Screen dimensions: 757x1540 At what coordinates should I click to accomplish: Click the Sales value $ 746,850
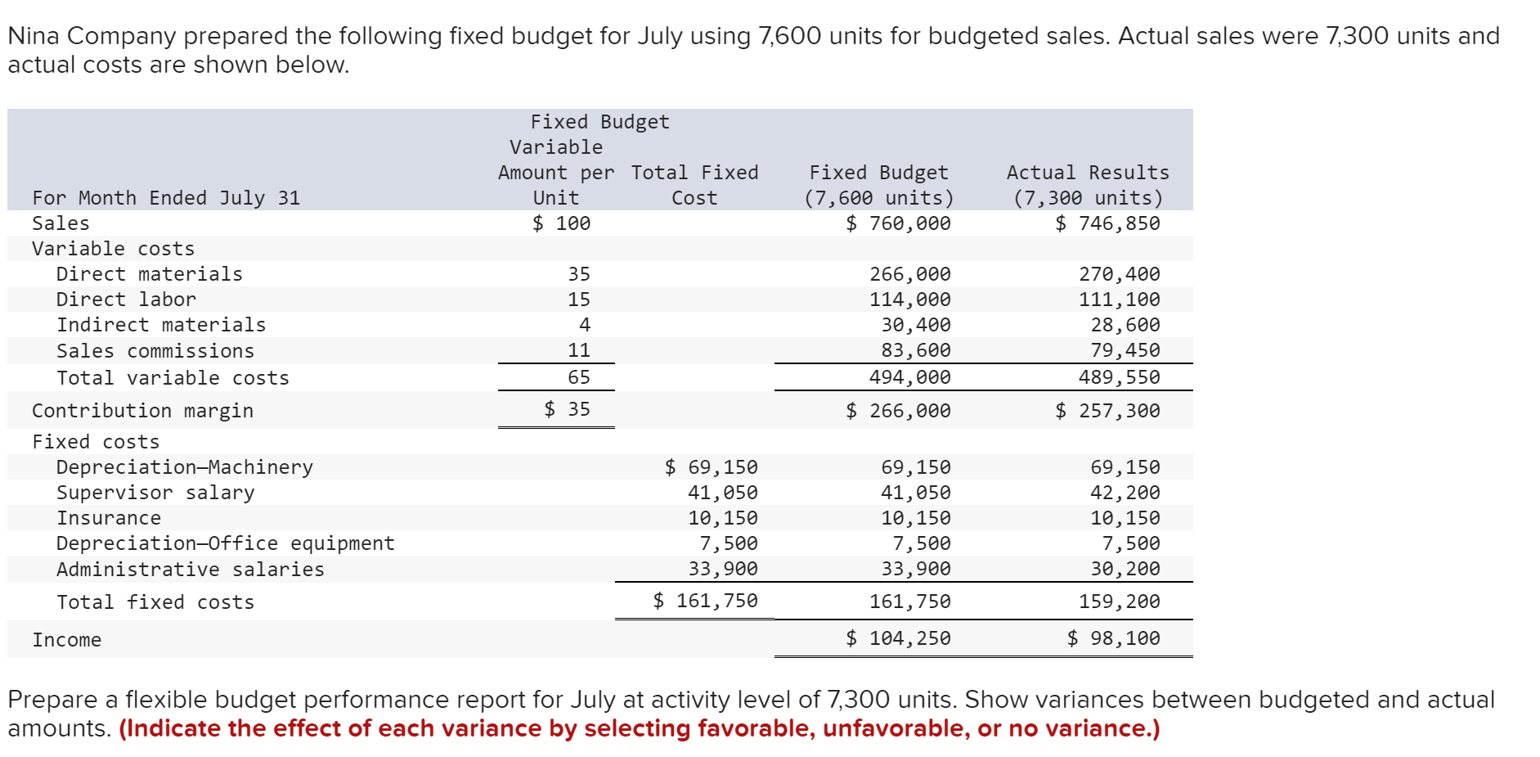1107,223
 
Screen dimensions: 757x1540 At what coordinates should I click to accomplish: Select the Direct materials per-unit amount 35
578,274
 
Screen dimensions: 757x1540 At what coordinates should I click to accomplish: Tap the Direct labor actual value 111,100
1119,300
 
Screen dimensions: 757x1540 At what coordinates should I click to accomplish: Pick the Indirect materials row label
161,325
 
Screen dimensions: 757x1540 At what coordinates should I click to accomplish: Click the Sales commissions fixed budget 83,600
916,350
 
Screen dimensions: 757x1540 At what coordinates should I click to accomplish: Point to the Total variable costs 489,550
1119,377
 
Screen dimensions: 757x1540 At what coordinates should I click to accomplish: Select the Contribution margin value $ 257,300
1107,411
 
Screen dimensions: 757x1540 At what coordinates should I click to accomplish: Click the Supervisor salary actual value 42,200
1125,493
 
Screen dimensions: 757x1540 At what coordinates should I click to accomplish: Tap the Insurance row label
109,518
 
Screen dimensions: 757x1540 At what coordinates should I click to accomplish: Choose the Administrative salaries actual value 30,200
1125,569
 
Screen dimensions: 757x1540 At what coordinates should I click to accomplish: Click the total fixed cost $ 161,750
705,601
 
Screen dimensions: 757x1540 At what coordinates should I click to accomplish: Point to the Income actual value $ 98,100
1113,638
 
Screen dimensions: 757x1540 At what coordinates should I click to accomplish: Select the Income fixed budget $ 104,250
898,638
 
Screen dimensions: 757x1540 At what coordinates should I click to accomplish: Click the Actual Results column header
1088,173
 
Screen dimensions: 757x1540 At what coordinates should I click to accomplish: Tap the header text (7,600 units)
878,198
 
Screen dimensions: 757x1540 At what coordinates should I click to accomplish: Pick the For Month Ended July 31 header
166,198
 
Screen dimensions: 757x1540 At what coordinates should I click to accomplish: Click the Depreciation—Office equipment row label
225,543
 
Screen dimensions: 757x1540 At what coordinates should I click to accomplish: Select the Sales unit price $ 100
561,223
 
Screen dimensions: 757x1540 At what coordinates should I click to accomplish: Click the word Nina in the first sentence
34,36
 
